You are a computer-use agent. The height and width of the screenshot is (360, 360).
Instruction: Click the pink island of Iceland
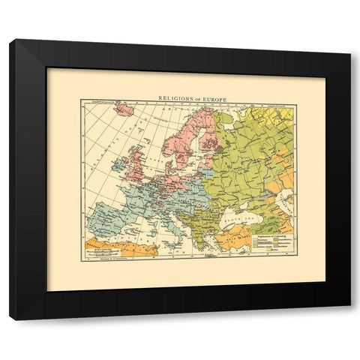(125, 110)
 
